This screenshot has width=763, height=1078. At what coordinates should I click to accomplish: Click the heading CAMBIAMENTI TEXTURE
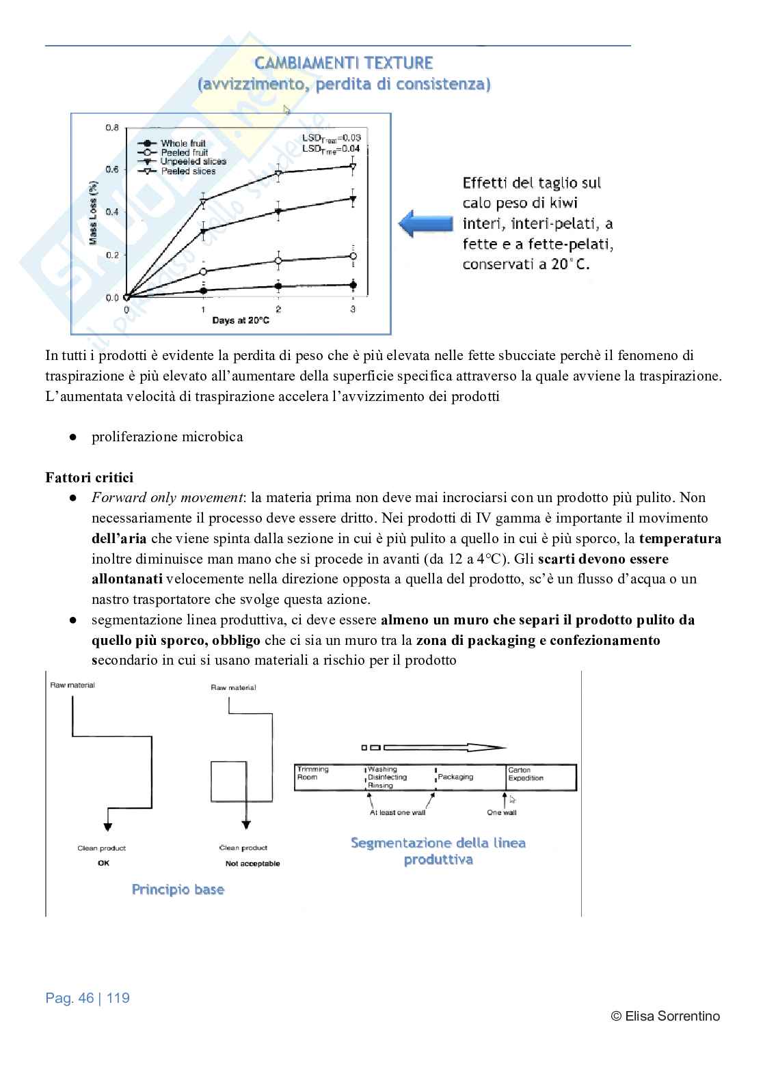click(344, 64)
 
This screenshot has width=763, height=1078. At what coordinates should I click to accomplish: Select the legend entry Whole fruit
click(183, 143)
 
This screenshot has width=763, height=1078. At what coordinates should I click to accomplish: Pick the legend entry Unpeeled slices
click(193, 162)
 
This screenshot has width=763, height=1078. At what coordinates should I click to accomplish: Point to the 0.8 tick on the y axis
click(112, 128)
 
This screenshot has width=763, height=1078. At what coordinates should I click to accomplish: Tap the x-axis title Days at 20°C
click(240, 320)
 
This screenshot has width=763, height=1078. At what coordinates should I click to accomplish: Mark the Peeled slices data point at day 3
click(353, 166)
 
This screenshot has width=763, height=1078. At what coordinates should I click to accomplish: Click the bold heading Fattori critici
click(90, 478)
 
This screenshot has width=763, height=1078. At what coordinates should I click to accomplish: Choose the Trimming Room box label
click(312, 773)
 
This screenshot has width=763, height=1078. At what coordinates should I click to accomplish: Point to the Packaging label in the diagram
click(455, 777)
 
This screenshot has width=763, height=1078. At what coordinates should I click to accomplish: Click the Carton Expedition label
click(526, 774)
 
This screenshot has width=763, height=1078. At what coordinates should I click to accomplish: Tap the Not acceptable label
click(252, 863)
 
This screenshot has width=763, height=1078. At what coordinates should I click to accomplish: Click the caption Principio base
click(178, 889)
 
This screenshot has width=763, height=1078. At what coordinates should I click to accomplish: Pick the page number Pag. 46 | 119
click(88, 998)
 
